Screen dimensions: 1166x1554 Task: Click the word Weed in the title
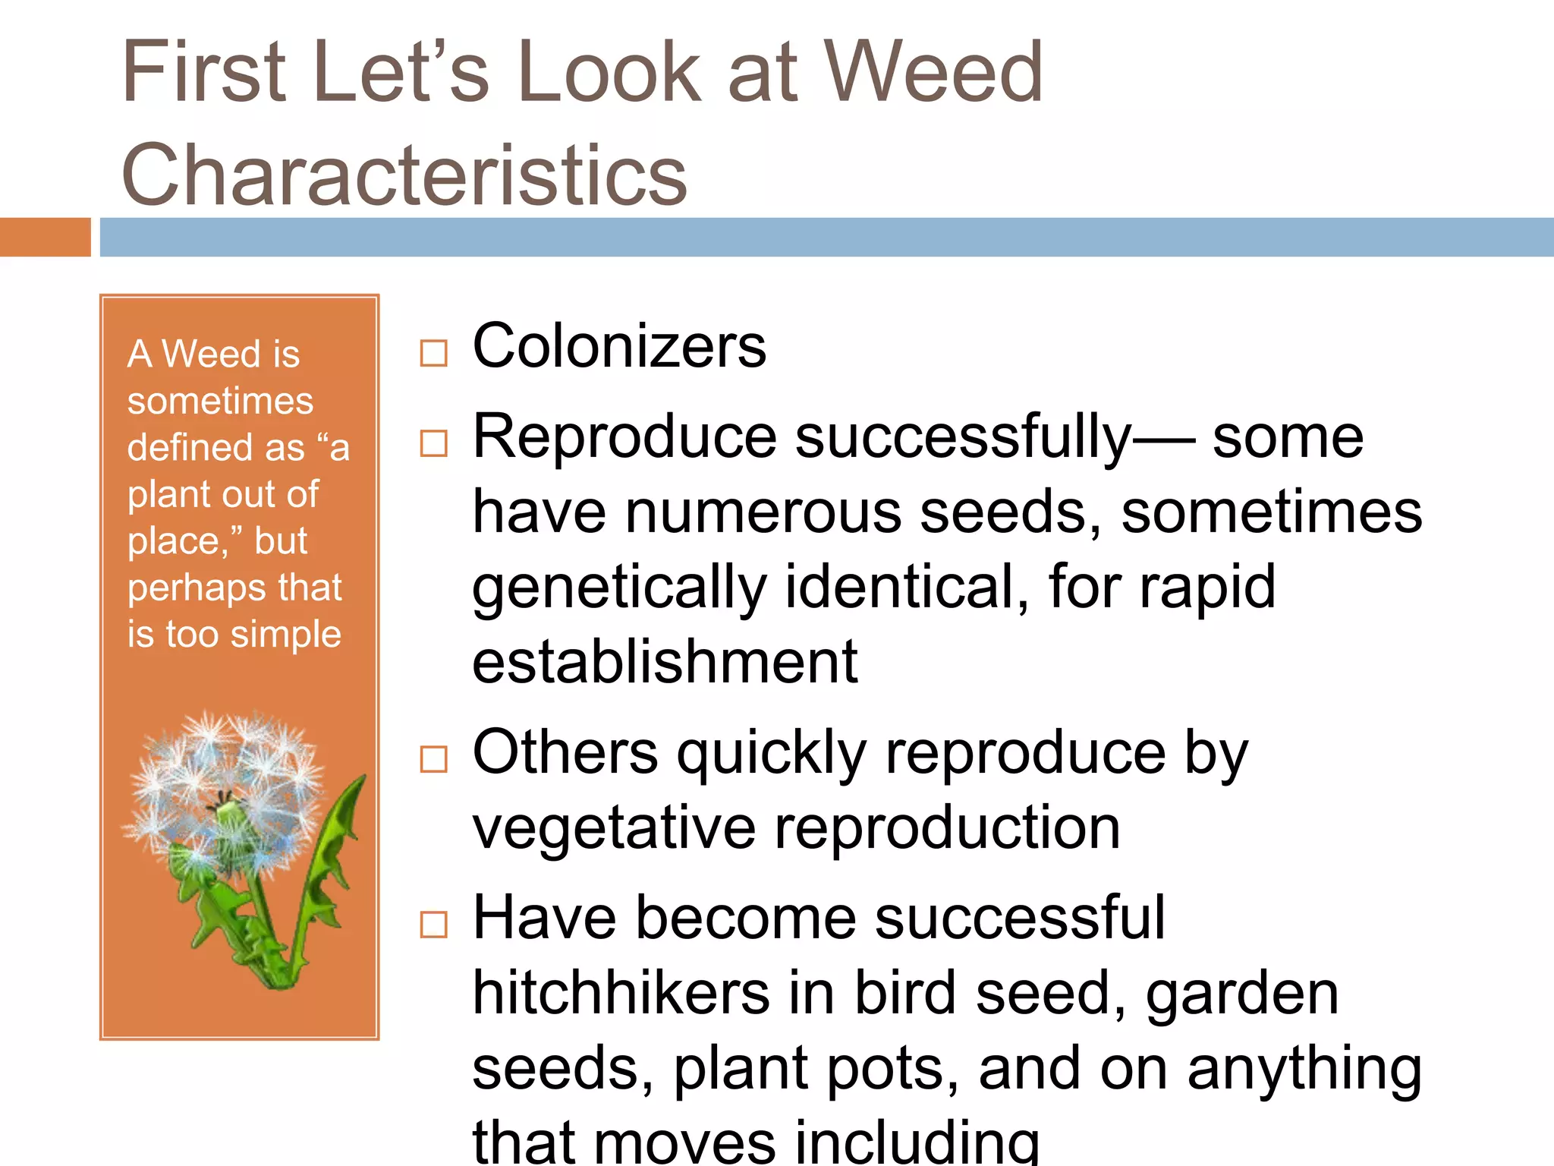coord(933,72)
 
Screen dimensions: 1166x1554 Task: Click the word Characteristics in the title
coord(404,175)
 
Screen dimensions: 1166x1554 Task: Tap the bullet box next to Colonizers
coord(433,353)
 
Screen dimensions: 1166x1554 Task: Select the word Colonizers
coord(619,347)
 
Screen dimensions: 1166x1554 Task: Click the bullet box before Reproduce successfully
coord(433,443)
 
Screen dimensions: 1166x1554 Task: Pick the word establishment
coord(665,662)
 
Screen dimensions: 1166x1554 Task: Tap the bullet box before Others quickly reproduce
coord(433,759)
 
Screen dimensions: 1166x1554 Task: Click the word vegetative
coord(613,828)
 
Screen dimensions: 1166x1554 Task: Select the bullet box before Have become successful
coord(433,925)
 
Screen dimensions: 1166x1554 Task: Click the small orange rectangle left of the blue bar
coord(45,237)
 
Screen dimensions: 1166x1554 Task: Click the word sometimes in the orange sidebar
coord(220,401)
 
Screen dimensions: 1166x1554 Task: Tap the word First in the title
coord(204,72)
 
